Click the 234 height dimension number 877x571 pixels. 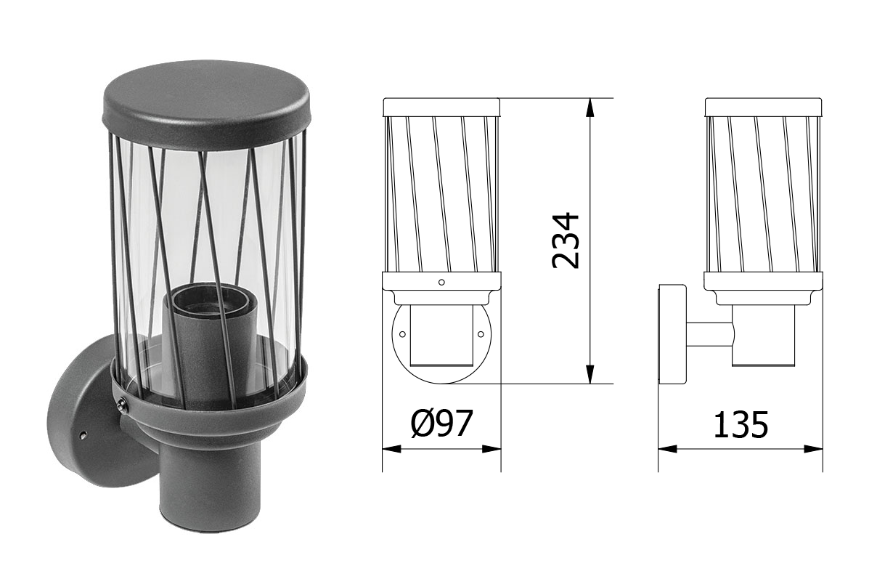[x=566, y=240]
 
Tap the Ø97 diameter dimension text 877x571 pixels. [x=441, y=424]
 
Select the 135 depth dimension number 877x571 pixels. [x=740, y=425]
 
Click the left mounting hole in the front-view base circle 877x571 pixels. [x=401, y=334]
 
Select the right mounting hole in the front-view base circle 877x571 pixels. [x=481, y=334]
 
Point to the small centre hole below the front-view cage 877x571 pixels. [x=441, y=281]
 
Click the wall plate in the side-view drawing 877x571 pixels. [x=672, y=334]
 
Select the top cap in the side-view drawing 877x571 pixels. [x=764, y=107]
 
